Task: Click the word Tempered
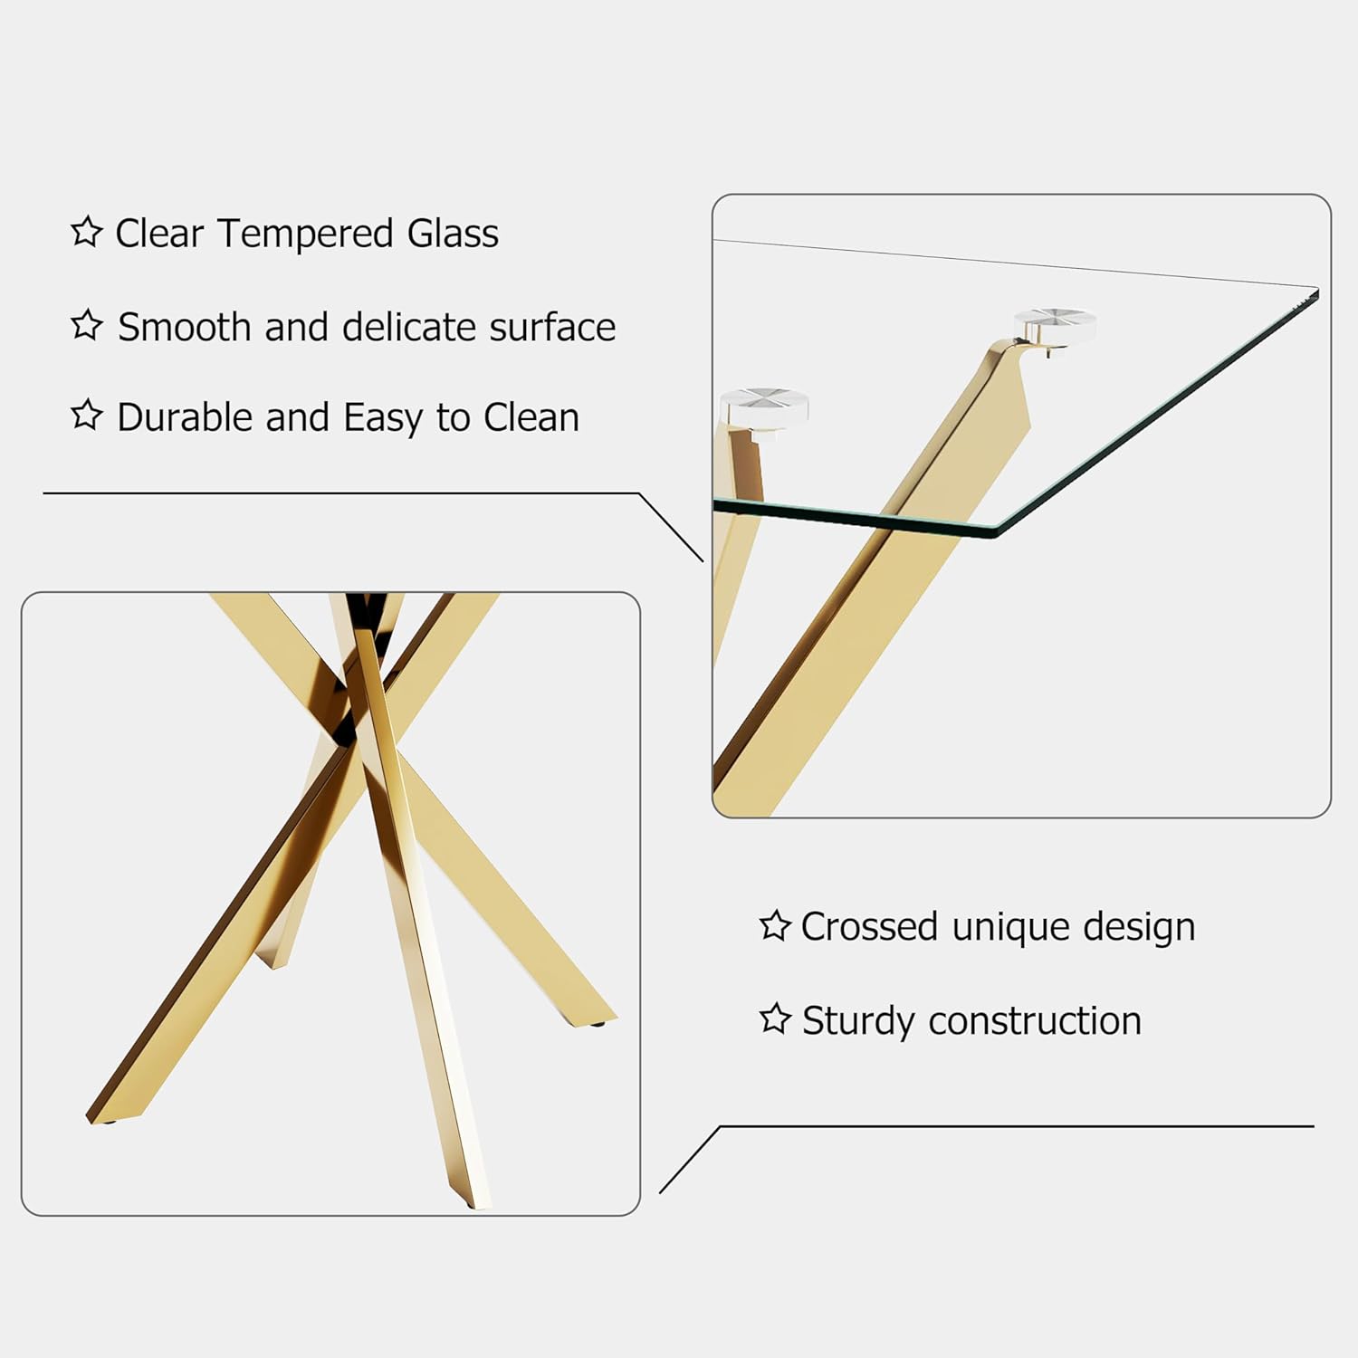[305, 234]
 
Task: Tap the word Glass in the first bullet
[453, 234]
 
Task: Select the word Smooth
[184, 327]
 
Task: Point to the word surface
[552, 327]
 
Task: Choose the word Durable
[185, 417]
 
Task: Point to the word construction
[1035, 1021]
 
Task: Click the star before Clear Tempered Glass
[87, 232]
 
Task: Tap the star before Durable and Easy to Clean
[87, 415]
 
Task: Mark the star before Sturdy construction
[775, 1018]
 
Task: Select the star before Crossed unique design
[775, 925]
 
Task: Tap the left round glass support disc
[763, 406]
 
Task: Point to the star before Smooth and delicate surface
[87, 324]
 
